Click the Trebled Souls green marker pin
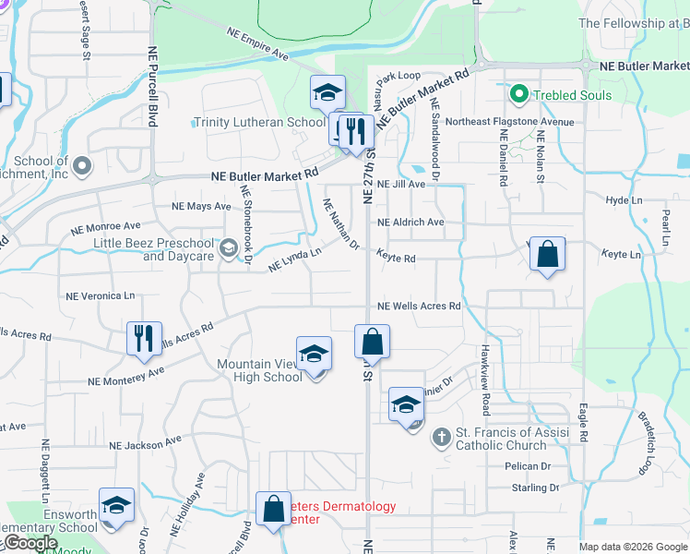tap(518, 95)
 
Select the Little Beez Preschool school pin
tap(228, 248)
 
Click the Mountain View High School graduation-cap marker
tap(314, 355)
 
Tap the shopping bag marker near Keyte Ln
tap(548, 256)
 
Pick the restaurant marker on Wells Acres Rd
tap(145, 339)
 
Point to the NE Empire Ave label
tap(257, 43)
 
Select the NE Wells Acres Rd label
tap(419, 306)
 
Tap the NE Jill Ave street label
tap(400, 185)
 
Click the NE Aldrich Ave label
tap(410, 223)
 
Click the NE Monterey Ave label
tap(125, 376)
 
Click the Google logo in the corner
tap(30, 544)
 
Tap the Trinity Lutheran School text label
tap(259, 122)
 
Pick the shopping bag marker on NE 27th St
tap(372, 342)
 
